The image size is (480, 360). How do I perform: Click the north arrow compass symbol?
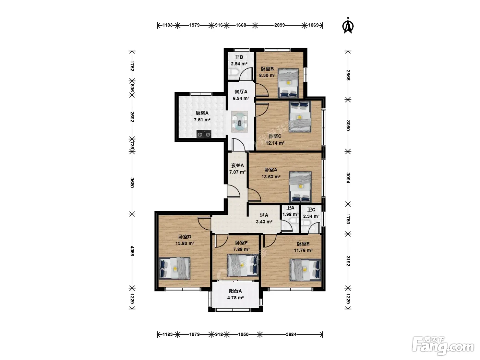tap(348, 26)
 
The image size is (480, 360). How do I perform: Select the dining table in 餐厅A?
tap(240, 122)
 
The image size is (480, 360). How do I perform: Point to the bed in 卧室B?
tap(288, 83)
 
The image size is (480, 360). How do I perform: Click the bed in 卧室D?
tap(175, 268)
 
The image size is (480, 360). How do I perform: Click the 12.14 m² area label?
tap(275, 143)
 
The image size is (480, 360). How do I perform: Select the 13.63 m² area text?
tap(271, 176)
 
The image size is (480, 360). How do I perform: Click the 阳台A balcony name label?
tap(235, 291)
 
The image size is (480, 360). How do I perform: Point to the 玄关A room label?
tap(238, 166)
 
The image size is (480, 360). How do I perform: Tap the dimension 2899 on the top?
tap(279, 25)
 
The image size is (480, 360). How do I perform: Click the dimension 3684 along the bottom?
tap(291, 334)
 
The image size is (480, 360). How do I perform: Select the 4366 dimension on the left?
tap(132, 251)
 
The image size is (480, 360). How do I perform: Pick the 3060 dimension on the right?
tap(348, 125)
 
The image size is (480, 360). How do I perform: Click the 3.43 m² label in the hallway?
tap(264, 221)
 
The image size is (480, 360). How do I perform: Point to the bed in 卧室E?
tap(305, 270)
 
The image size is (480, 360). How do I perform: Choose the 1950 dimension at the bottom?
tap(243, 334)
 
